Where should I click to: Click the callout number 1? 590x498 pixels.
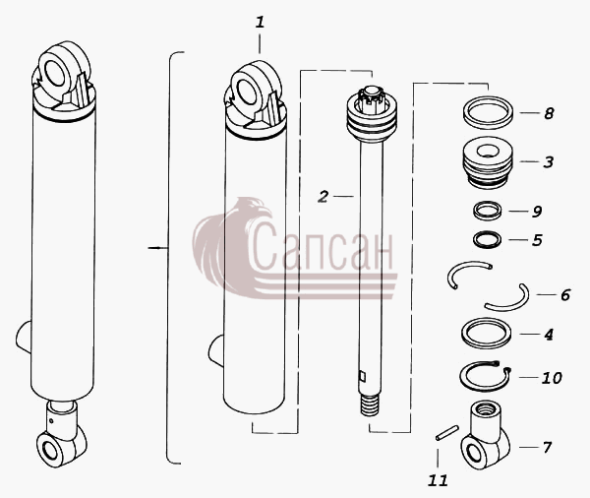pos(260,23)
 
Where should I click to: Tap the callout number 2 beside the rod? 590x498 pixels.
pos(323,197)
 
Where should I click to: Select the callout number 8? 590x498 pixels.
pos(549,113)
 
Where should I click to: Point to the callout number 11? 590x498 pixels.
pos(438,480)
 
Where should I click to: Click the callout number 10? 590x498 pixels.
pos(552,378)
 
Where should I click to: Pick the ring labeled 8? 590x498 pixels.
pos(488,112)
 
